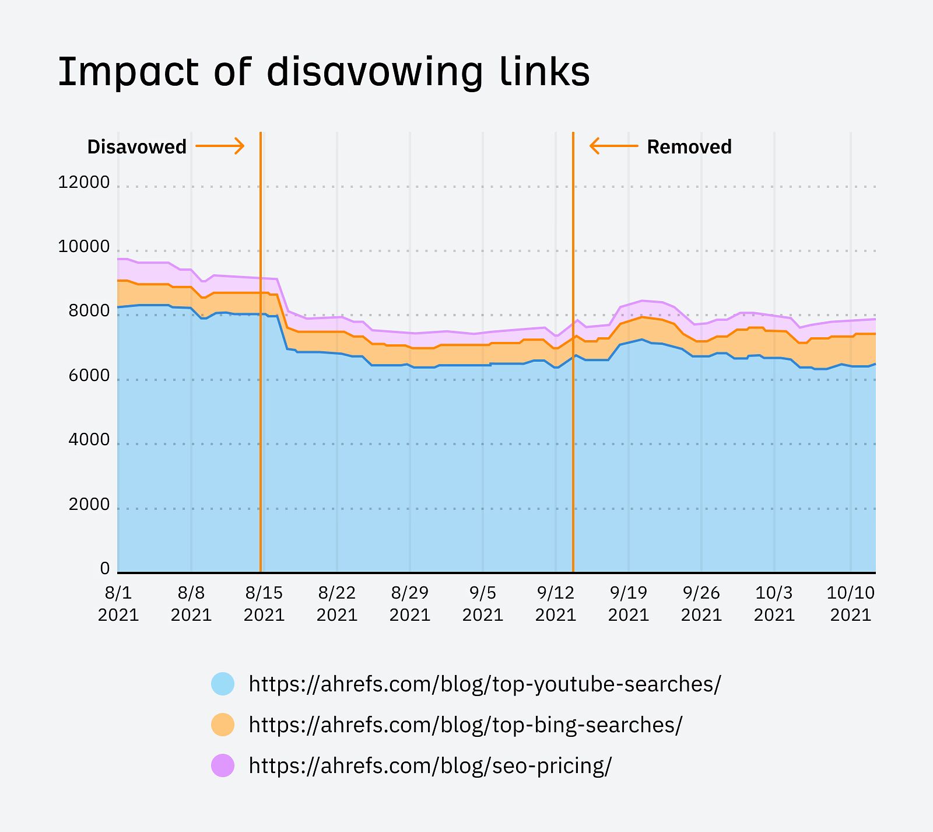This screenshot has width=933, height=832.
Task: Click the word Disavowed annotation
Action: click(x=136, y=146)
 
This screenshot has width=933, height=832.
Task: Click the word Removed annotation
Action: click(x=689, y=146)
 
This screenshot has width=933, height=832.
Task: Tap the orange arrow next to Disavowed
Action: click(x=220, y=146)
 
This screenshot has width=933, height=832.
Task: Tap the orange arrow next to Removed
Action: click(x=613, y=146)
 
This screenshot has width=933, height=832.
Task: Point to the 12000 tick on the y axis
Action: click(x=83, y=183)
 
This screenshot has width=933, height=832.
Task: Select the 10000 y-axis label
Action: click(x=83, y=247)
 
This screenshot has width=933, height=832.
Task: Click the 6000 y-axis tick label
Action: click(x=89, y=376)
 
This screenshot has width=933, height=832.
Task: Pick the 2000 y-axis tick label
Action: click(x=89, y=504)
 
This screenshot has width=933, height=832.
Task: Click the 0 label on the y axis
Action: click(x=104, y=568)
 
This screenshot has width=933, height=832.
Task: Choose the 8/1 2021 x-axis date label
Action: click(x=118, y=603)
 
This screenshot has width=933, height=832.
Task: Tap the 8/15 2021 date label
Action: click(x=264, y=603)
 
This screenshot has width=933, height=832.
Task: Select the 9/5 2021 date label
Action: click(x=483, y=603)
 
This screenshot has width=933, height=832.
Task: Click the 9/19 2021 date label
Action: click(x=629, y=603)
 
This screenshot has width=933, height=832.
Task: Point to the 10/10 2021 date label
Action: click(x=851, y=603)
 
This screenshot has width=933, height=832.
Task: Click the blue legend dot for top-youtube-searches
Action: click(x=223, y=684)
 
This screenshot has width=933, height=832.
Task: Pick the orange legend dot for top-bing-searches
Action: click(x=223, y=725)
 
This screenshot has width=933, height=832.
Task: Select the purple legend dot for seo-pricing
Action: click(x=223, y=765)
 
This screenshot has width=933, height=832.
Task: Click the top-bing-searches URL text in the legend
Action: click(x=465, y=725)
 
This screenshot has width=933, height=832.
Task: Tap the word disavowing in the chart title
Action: click(x=375, y=72)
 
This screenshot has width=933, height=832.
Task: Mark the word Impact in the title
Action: click(x=128, y=72)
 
